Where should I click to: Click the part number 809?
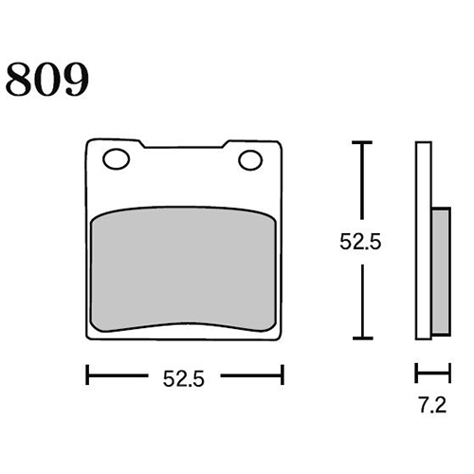47,80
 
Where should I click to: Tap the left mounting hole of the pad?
117,158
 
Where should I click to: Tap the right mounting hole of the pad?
250,160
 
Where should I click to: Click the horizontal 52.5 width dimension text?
184,378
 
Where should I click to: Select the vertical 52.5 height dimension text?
360,242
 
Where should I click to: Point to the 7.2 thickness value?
433,405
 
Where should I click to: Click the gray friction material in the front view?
183,268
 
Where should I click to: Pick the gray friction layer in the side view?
441,271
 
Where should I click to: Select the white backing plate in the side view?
424,241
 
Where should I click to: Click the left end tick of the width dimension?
87,375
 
